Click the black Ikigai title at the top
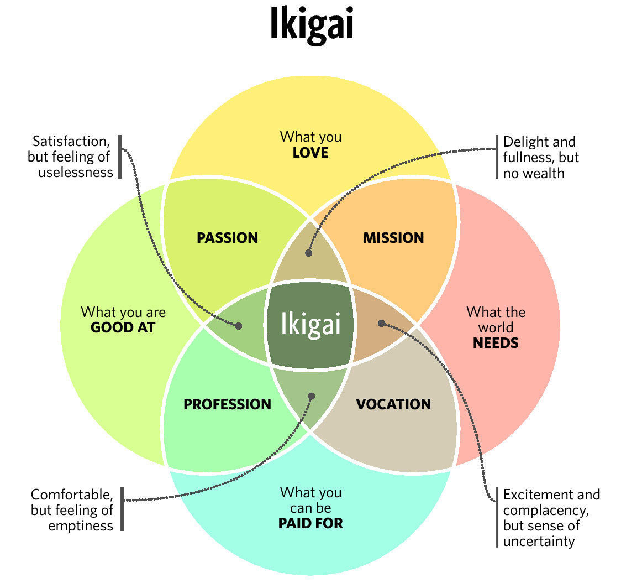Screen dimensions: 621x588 (311, 24)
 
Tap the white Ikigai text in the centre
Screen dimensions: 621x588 (311, 325)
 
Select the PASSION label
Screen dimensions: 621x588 (227, 238)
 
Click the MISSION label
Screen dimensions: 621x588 (394, 238)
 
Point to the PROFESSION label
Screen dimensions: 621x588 (227, 404)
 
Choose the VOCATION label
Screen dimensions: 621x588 (394, 404)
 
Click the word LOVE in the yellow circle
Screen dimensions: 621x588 (310, 153)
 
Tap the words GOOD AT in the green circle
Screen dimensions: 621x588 (123, 328)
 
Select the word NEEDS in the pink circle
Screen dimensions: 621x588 (496, 343)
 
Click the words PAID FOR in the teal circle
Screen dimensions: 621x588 (310, 523)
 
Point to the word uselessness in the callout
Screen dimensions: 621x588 (76, 173)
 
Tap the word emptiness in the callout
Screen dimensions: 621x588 (81, 526)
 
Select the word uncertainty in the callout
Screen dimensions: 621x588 (539, 541)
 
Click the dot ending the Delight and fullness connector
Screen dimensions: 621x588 (308, 253)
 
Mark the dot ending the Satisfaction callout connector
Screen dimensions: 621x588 (239, 326)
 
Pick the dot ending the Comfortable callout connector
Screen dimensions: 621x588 (311, 396)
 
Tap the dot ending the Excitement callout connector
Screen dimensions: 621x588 (381, 324)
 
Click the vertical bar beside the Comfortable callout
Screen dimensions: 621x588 (123, 509)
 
